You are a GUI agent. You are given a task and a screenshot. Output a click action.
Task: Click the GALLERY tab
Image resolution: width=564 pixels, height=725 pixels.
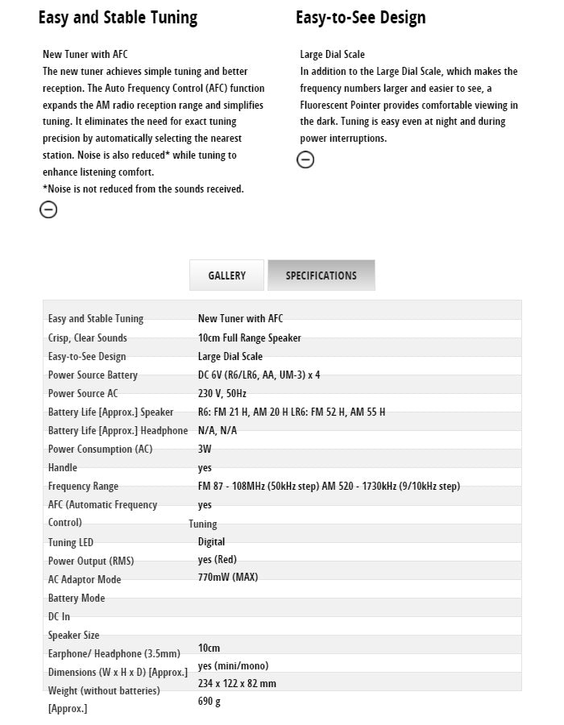click(226, 275)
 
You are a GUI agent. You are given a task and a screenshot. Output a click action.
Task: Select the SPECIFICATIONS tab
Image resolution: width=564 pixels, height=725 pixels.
click(321, 275)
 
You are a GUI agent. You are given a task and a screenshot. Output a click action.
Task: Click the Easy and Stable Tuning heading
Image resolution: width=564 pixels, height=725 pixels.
click(118, 18)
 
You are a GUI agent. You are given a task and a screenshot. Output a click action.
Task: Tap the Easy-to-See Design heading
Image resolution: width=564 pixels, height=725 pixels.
click(360, 18)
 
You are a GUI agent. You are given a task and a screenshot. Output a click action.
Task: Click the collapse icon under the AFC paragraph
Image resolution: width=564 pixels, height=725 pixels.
click(48, 209)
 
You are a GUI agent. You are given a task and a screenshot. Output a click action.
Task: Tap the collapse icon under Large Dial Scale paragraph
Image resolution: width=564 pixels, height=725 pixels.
click(305, 159)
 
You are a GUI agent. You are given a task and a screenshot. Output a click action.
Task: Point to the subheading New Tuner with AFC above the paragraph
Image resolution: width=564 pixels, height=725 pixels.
click(85, 55)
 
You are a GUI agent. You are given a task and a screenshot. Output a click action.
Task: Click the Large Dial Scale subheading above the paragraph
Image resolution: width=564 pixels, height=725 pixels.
click(332, 55)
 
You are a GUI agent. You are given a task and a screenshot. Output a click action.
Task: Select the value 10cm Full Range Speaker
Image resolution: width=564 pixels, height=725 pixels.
click(249, 338)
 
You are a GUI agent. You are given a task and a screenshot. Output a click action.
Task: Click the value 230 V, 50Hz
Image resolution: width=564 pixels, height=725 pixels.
click(222, 393)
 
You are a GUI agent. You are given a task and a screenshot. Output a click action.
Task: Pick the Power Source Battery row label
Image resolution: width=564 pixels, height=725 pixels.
click(93, 375)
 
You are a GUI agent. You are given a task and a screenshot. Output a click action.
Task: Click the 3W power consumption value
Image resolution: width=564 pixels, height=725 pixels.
click(205, 449)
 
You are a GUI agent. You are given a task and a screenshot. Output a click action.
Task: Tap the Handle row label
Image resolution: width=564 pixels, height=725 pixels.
click(63, 467)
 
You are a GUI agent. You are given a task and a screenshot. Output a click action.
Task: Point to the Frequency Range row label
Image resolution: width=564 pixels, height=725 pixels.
click(83, 486)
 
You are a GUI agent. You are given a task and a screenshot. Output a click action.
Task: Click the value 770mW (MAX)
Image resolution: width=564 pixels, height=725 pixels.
click(227, 577)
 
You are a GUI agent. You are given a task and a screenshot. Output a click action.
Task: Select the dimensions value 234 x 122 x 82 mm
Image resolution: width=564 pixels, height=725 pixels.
click(237, 683)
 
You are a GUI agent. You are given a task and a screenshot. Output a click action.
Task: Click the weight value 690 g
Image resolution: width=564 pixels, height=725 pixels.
click(209, 701)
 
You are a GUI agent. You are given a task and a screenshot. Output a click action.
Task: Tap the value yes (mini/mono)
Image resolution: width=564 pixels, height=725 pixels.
click(233, 665)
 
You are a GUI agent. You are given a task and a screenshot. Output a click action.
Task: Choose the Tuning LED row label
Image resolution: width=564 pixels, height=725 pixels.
click(71, 542)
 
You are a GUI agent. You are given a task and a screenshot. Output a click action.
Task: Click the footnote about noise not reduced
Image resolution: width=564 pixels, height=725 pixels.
click(143, 188)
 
